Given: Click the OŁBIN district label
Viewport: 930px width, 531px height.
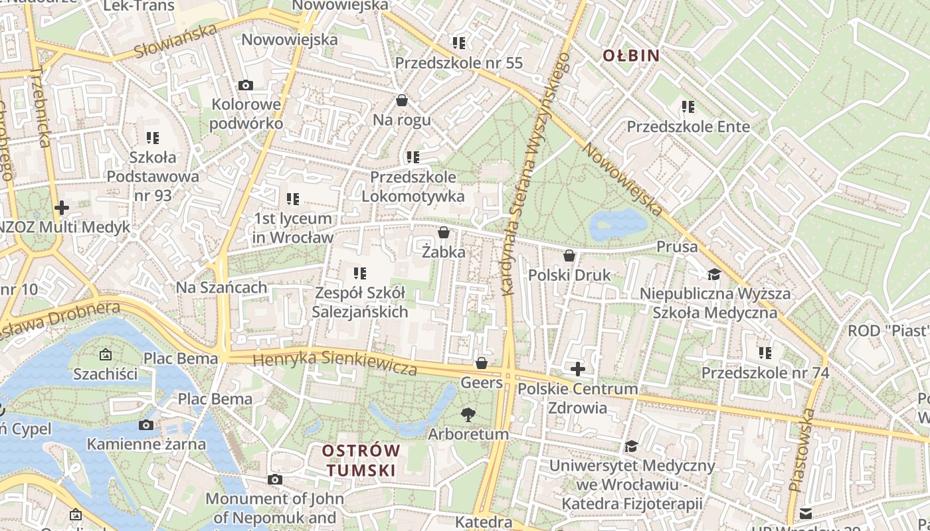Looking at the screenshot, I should click(x=630, y=56).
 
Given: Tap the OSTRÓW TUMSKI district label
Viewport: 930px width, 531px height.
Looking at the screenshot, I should click(x=361, y=461).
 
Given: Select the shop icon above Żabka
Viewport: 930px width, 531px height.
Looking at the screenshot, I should click(x=444, y=232).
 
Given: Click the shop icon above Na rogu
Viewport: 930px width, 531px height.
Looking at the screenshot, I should click(x=402, y=100).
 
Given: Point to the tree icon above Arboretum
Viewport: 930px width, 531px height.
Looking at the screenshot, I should click(x=468, y=415).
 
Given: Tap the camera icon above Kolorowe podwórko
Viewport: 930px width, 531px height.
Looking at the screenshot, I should click(x=246, y=85).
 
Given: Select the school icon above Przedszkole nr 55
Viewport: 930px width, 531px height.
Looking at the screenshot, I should click(x=458, y=43).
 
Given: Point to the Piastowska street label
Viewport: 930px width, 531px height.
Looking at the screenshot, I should click(x=802, y=450).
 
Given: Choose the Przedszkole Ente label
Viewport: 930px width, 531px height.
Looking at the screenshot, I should click(x=688, y=127).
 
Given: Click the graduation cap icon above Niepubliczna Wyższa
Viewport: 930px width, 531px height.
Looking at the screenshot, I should click(x=714, y=273).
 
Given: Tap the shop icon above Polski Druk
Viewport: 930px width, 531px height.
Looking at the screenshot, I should click(x=569, y=256).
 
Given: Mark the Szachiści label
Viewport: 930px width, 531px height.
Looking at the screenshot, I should click(x=106, y=374).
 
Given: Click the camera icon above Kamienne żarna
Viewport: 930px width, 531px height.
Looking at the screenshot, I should click(x=146, y=425).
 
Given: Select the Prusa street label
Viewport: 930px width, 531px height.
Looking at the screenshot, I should click(x=677, y=247).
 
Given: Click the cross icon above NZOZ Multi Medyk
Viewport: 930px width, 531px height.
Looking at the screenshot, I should click(x=62, y=208).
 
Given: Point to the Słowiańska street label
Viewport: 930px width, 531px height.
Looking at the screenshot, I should click(x=175, y=41).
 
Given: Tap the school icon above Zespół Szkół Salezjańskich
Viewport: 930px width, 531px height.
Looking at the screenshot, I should click(x=360, y=273).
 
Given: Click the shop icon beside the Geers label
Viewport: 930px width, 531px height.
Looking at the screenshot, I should click(x=482, y=363).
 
